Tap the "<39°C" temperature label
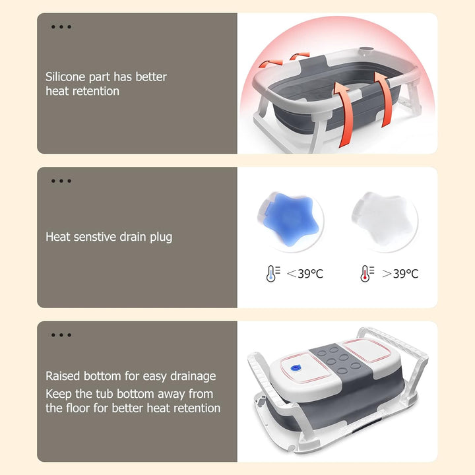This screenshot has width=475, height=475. point(304,273)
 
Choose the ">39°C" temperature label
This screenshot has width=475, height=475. point(400,273)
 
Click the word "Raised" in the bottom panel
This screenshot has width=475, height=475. point(64,376)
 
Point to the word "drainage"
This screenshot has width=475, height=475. point(191,376)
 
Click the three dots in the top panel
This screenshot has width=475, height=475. point(61,27)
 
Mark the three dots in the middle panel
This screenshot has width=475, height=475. point(61,181)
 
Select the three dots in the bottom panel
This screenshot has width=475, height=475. point(61,335)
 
